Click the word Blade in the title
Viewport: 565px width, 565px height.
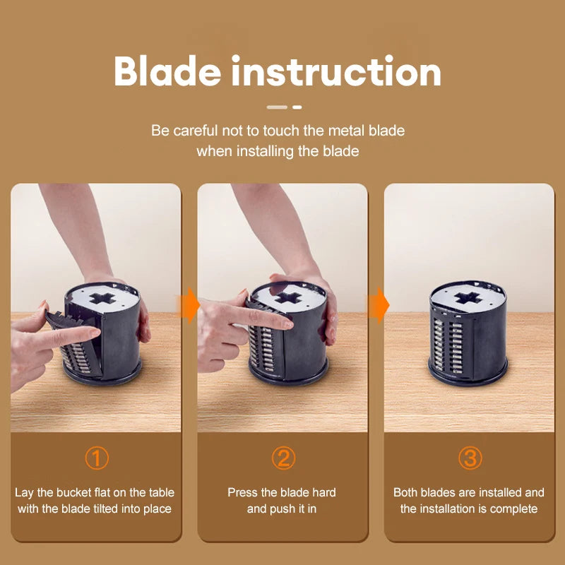tap(167, 72)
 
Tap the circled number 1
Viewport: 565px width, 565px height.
tap(97, 458)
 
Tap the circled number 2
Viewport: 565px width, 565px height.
tap(282, 458)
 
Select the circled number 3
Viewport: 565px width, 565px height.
tap(470, 458)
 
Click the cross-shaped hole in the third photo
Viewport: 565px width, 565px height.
tap(467, 299)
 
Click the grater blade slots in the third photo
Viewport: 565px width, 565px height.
tap(448, 339)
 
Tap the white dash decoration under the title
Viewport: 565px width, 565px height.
tap(283, 107)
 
